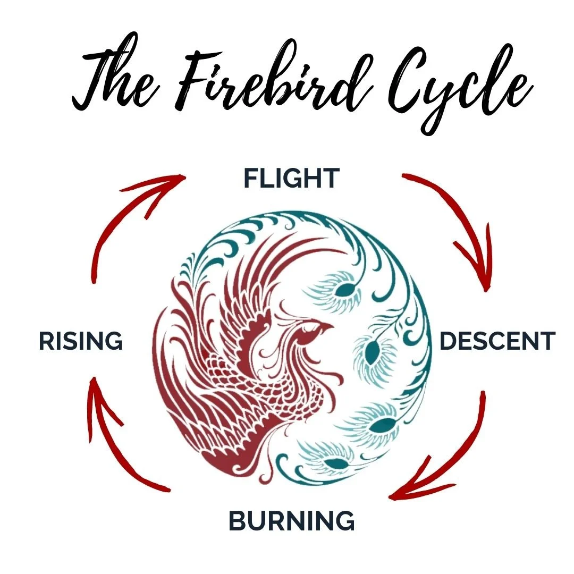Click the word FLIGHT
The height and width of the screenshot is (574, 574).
tap(291, 179)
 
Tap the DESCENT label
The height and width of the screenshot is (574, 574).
tap(497, 341)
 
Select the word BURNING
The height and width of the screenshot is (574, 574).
tap(291, 521)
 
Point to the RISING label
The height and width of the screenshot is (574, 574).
tap(81, 341)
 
